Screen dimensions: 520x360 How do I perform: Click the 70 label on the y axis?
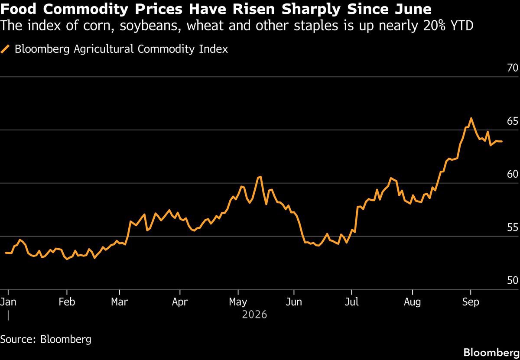513,68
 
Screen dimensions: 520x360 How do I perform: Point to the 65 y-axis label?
513,121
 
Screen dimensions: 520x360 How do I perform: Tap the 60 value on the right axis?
513,174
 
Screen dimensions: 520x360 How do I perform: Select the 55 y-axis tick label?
513,227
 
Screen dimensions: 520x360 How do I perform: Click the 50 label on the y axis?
513,280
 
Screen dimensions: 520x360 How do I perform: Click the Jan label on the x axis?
8,302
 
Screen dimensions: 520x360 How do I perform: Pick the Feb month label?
67,302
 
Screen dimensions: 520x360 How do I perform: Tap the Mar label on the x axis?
119,302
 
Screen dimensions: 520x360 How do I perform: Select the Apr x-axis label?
180,302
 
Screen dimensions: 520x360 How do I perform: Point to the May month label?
238,302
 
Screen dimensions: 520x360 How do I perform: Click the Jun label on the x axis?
294,302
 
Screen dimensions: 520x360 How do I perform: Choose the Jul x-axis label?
352,302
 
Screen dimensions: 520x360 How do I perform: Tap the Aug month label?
413,302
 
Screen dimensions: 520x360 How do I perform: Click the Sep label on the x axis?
471,302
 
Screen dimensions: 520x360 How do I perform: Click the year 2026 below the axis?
254,315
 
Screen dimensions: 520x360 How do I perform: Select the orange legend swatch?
5,49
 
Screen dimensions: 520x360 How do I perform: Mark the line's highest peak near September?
471,118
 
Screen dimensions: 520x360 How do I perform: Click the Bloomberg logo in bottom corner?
491,353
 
